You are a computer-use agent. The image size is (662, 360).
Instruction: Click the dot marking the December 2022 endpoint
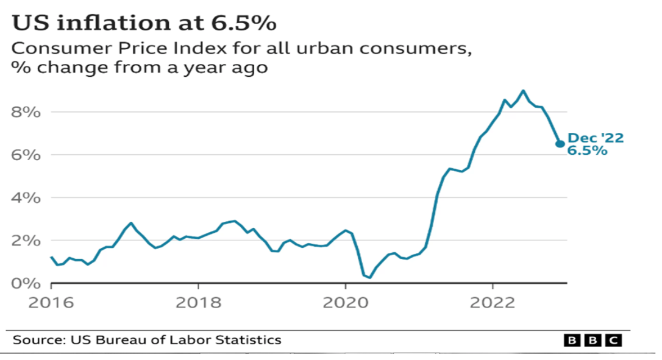click(x=560, y=144)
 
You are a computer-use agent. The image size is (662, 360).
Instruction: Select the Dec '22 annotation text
click(x=596, y=139)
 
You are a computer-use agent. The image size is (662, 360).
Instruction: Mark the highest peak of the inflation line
click(x=523, y=91)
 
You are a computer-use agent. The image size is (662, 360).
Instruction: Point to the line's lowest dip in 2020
click(x=369, y=278)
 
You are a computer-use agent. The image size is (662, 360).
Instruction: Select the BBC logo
click(x=592, y=340)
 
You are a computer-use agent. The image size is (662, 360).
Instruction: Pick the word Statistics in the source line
click(x=249, y=340)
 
